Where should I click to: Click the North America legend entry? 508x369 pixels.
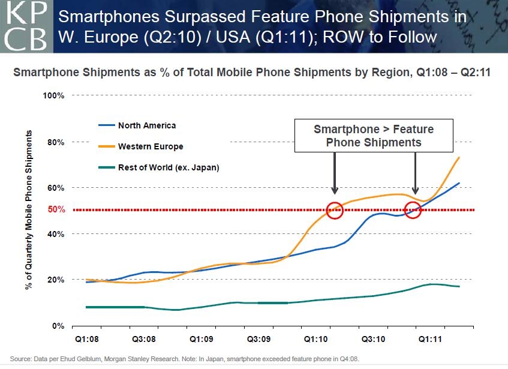click(146, 125)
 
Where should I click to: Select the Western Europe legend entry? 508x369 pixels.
click(150, 146)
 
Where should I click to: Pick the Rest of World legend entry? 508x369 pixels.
click(168, 167)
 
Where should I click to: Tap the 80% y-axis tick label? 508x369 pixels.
click(56, 142)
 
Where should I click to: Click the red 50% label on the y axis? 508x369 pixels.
click(56, 210)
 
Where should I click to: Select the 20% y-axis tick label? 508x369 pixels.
click(56, 280)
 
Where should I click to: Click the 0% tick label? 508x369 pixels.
click(58, 326)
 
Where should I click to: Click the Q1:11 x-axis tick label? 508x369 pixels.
click(430, 338)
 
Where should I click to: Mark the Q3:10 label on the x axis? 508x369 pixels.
click(372, 338)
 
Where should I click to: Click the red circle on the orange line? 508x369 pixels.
click(335, 209)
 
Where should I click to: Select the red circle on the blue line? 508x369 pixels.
click(413, 209)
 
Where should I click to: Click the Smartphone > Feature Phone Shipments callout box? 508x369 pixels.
click(374, 136)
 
